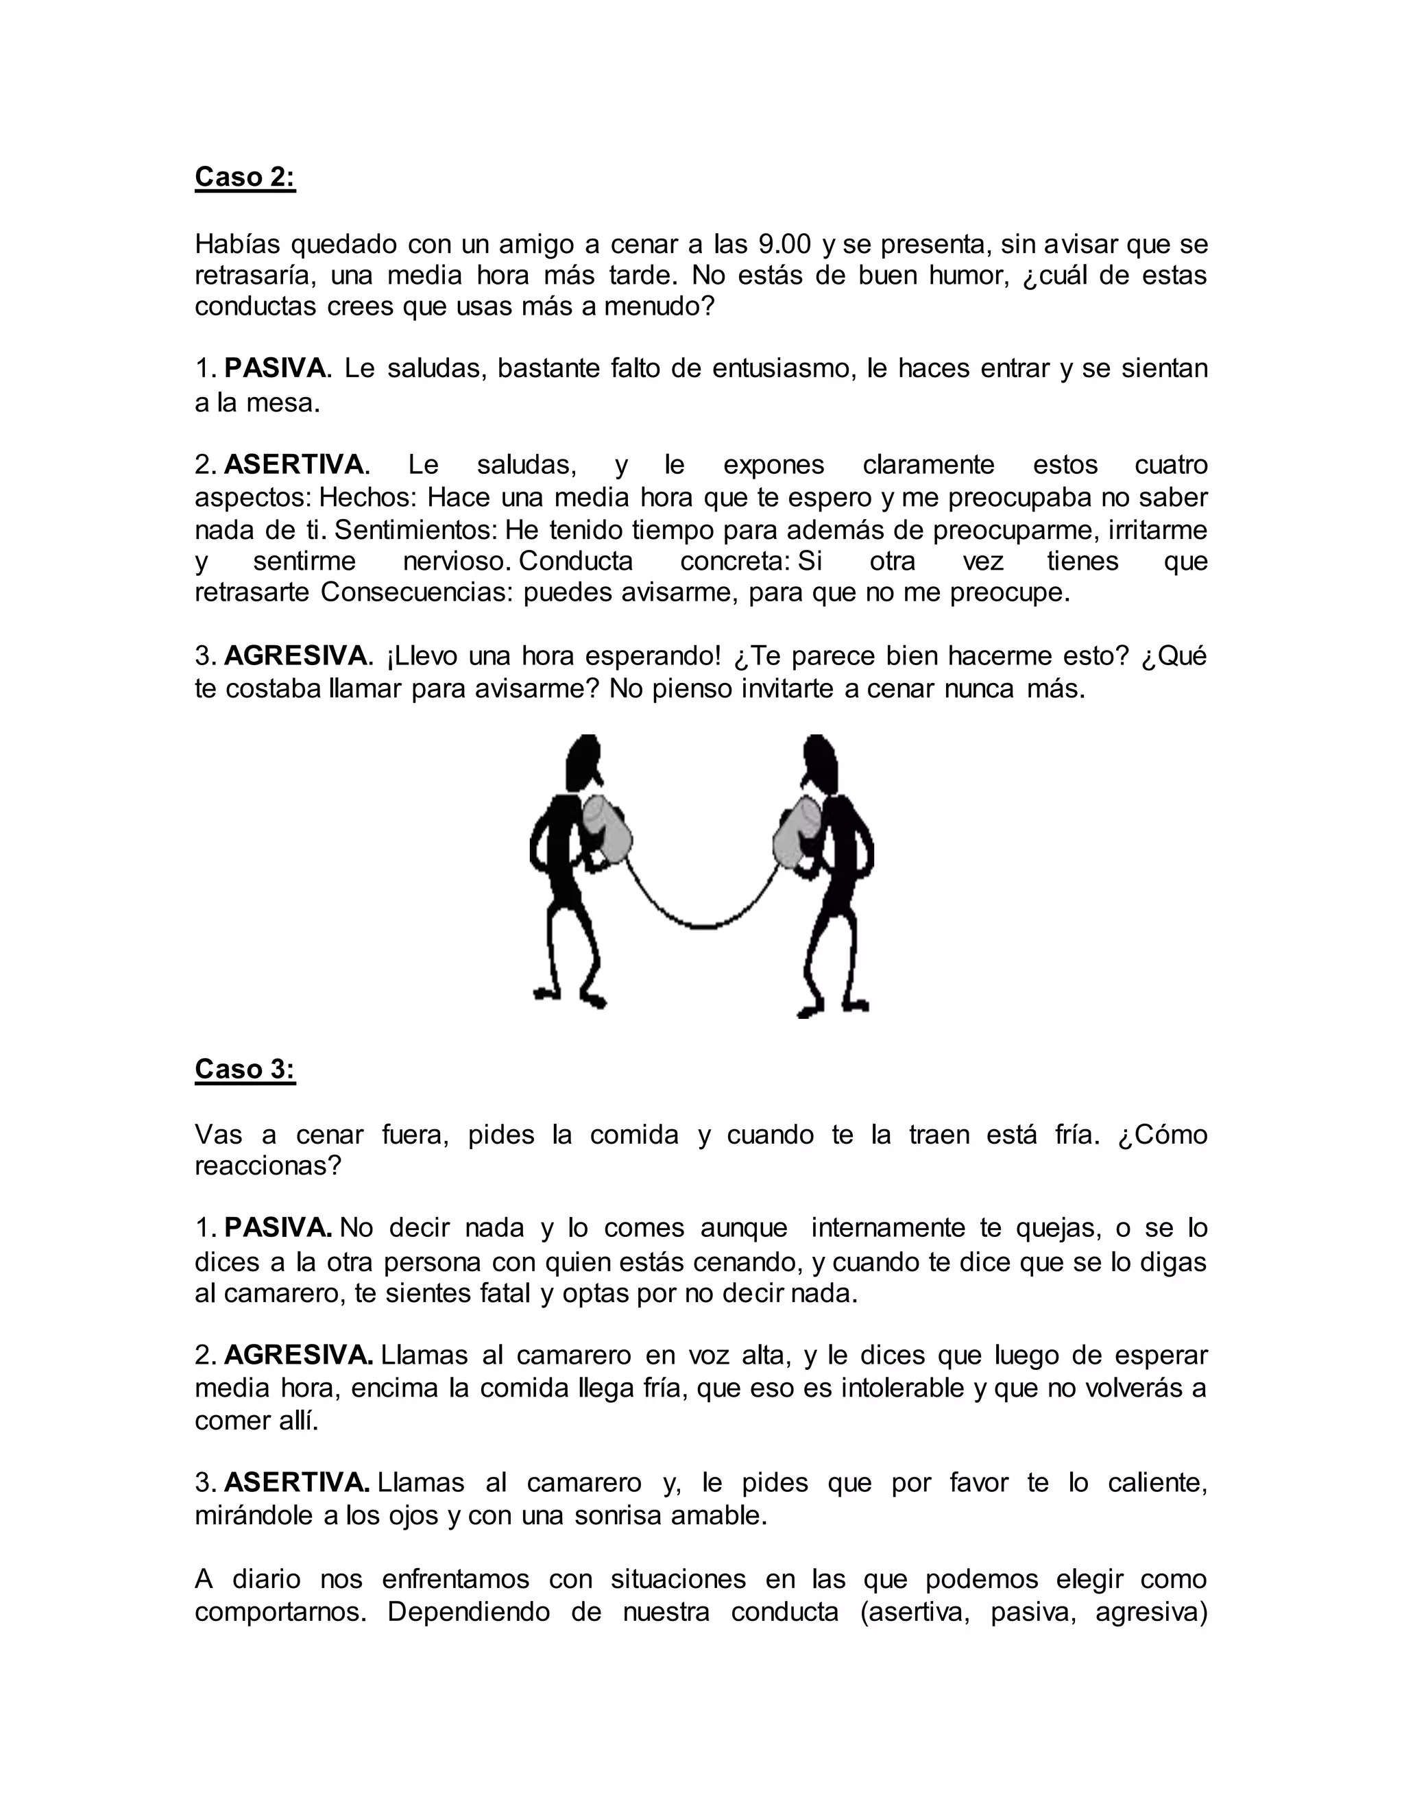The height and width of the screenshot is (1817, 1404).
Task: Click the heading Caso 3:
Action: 245,1069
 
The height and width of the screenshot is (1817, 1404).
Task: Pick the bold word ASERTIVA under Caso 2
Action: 293,464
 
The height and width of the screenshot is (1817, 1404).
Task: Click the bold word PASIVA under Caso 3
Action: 278,1228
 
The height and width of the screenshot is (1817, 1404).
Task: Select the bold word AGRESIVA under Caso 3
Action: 298,1356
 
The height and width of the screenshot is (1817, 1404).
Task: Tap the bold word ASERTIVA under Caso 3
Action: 296,1482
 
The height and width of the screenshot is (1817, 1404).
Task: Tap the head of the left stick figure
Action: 585,761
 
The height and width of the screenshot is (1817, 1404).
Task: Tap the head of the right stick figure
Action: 820,761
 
